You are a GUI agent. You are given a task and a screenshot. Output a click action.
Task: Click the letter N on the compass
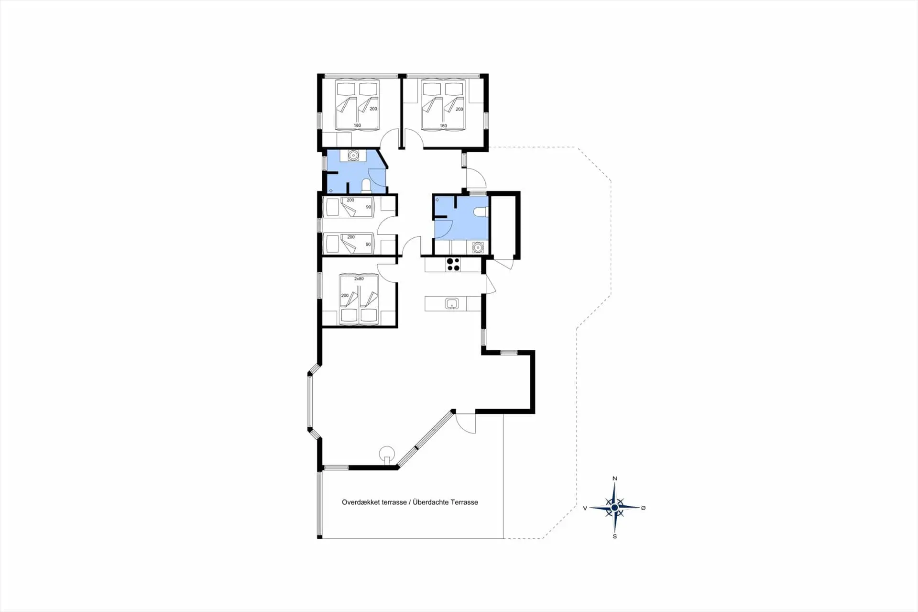click(x=615, y=478)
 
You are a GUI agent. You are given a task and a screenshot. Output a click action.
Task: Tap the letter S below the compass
click(x=615, y=536)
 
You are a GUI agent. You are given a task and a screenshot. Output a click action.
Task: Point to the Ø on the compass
click(x=643, y=508)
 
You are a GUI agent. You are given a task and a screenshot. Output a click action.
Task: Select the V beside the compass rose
click(x=585, y=508)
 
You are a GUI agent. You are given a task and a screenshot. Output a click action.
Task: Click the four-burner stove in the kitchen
click(x=453, y=265)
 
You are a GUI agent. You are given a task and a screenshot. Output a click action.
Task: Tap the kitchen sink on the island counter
click(x=452, y=303)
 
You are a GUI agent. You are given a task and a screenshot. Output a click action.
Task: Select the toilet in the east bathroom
click(x=480, y=212)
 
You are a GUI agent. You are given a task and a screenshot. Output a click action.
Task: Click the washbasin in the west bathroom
click(x=353, y=156)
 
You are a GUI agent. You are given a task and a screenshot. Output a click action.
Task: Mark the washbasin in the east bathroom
click(x=478, y=247)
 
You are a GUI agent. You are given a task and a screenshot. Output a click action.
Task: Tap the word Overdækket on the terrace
click(x=361, y=502)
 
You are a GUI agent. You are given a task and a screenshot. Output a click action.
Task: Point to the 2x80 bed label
click(x=359, y=278)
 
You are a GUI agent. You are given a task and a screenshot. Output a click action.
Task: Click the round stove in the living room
click(x=387, y=453)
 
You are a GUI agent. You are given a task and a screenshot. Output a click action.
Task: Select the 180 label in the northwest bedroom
click(x=357, y=125)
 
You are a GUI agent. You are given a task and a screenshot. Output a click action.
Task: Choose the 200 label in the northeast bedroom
click(x=459, y=109)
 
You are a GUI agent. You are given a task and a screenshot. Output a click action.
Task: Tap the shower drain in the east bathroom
click(x=437, y=200)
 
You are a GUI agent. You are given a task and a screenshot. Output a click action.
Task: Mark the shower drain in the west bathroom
click(x=331, y=190)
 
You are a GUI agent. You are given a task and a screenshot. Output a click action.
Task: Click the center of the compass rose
click(x=615, y=508)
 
